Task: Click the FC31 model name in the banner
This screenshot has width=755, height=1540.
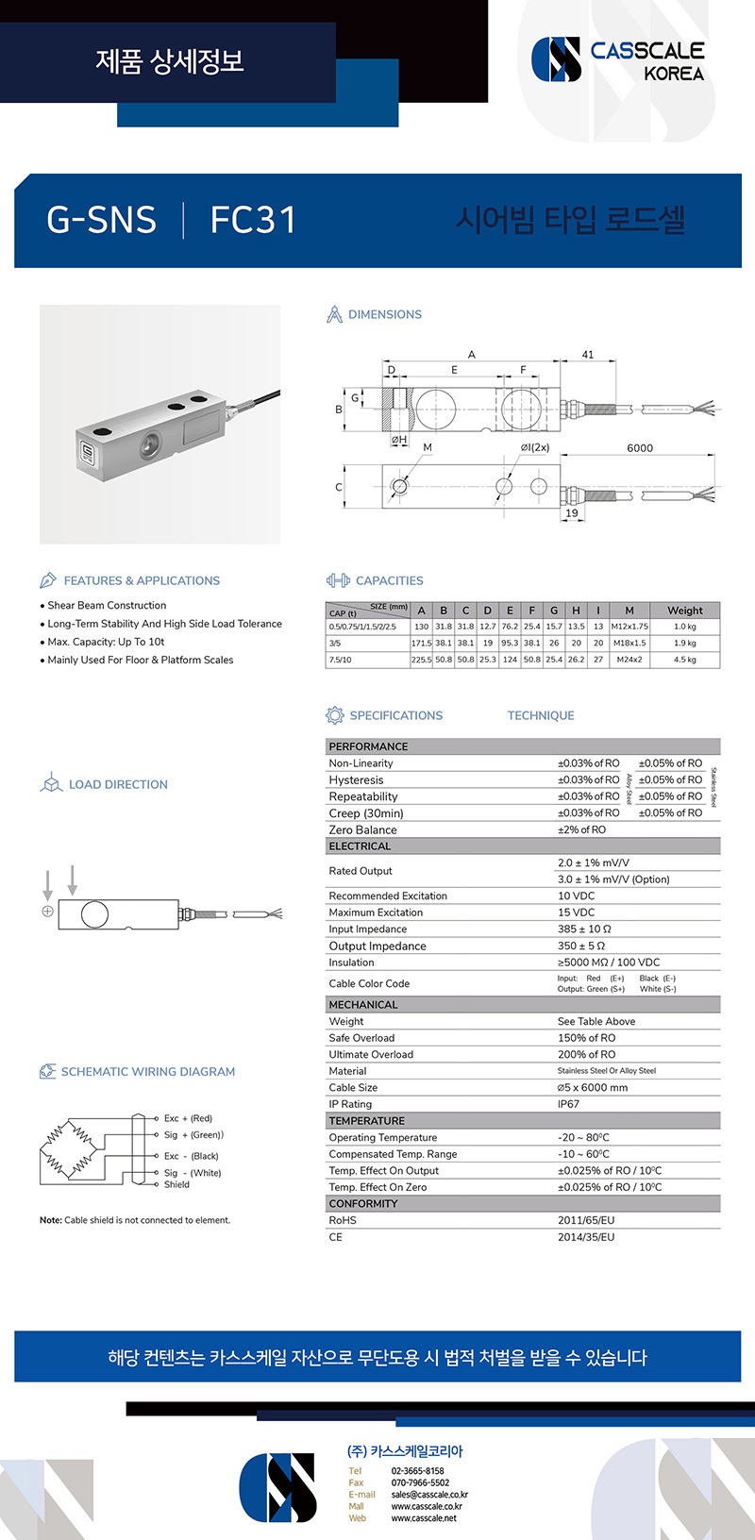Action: pyautogui.click(x=253, y=220)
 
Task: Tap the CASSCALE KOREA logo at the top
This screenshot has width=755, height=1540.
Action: pyautogui.click(x=618, y=59)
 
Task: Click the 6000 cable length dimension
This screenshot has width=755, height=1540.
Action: pyautogui.click(x=639, y=448)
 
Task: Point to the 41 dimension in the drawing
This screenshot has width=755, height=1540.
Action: pyautogui.click(x=588, y=355)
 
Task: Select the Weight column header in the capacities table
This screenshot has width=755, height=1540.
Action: pyautogui.click(x=684, y=611)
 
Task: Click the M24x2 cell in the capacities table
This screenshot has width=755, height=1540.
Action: pyautogui.click(x=629, y=660)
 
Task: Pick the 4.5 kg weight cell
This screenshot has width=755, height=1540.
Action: pyautogui.click(x=684, y=660)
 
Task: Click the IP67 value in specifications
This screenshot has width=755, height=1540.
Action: pyautogui.click(x=569, y=1104)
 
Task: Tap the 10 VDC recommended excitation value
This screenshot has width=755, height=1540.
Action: pyautogui.click(x=576, y=896)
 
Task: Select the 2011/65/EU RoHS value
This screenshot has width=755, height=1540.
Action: pyautogui.click(x=585, y=1220)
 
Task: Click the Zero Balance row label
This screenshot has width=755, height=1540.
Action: pyautogui.click(x=362, y=829)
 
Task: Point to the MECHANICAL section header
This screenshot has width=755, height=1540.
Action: pyautogui.click(x=363, y=1005)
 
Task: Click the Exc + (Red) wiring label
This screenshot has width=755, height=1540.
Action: pyautogui.click(x=188, y=1118)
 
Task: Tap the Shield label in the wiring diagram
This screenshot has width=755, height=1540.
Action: pyautogui.click(x=176, y=1184)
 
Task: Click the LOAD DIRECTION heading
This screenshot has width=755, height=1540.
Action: pyautogui.click(x=118, y=784)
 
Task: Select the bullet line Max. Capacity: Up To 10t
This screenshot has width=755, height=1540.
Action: pyautogui.click(x=106, y=642)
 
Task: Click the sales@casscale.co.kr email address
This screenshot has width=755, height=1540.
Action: pyautogui.click(x=429, y=1495)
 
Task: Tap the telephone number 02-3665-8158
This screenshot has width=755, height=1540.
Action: pyautogui.click(x=417, y=1471)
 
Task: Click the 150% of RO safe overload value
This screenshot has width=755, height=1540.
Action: pyautogui.click(x=586, y=1038)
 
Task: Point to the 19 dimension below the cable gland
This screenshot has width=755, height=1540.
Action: pyautogui.click(x=572, y=513)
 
